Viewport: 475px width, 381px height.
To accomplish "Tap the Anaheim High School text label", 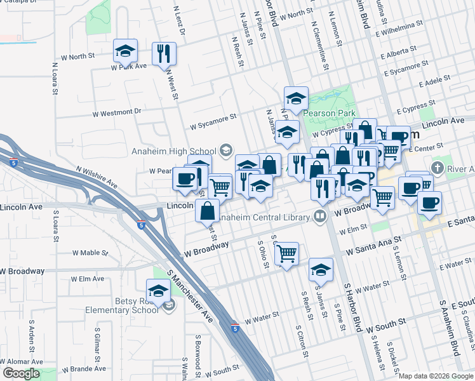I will (x=173, y=150).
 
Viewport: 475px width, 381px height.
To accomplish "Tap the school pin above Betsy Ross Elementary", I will (x=158, y=292).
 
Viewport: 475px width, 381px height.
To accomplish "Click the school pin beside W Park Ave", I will (x=126, y=51).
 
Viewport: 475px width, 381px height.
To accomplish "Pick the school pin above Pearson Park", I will (x=296, y=98).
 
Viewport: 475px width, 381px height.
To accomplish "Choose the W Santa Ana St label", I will (x=374, y=246).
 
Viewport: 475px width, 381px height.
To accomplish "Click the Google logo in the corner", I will (x=21, y=373).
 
